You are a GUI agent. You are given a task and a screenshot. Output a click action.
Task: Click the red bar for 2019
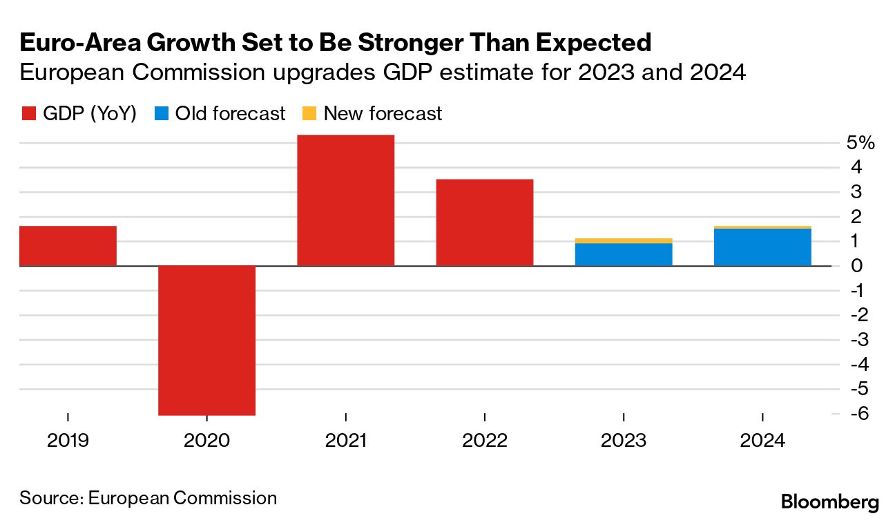68,246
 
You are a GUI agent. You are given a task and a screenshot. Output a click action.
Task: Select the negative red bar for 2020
206,340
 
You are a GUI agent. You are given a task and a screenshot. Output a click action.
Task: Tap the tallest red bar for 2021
345,200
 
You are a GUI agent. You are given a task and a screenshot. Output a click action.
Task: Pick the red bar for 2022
484,222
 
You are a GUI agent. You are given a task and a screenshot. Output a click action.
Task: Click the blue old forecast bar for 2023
624,254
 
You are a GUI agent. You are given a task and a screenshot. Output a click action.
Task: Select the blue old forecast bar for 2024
762,247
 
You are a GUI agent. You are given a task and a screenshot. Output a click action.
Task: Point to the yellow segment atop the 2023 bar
624,240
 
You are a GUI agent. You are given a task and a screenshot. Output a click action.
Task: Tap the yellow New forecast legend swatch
309,113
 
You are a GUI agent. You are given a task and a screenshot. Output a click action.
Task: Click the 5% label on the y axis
860,143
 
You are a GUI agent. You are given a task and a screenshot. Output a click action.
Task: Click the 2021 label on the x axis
345,440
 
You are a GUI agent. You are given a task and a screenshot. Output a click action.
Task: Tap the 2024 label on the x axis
762,440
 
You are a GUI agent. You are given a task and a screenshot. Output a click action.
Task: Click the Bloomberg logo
829,502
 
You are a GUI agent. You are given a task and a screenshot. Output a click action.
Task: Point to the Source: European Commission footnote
148,497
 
